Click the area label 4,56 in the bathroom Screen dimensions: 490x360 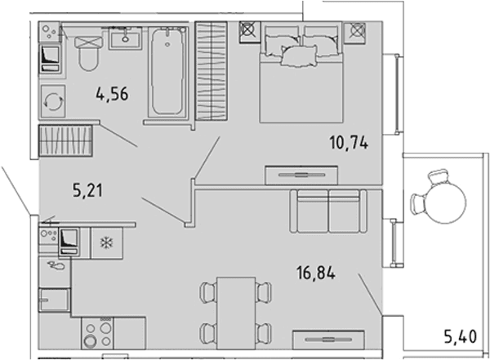(x=112, y=94)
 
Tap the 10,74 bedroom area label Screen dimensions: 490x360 (x=349, y=143)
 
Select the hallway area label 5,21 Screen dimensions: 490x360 (x=88, y=190)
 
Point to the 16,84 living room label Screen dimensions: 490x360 (x=316, y=273)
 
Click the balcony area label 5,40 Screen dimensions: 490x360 (x=461, y=337)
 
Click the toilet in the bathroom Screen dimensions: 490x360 (x=89, y=53)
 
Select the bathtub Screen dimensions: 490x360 (x=168, y=71)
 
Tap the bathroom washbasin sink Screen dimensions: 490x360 (x=125, y=38)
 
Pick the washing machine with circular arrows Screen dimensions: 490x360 (x=53, y=101)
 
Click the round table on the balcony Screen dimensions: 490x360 (x=445, y=202)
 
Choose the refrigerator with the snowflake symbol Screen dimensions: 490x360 (x=106, y=242)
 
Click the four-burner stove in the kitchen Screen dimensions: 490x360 (x=97, y=333)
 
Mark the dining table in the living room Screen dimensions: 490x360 (x=236, y=313)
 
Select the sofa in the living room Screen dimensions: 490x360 (x=328, y=211)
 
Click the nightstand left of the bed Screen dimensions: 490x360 (x=250, y=32)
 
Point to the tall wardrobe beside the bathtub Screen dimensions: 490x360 (x=212, y=71)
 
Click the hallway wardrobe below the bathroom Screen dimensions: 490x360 (x=65, y=140)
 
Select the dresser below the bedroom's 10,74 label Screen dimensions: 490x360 (x=301, y=175)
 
